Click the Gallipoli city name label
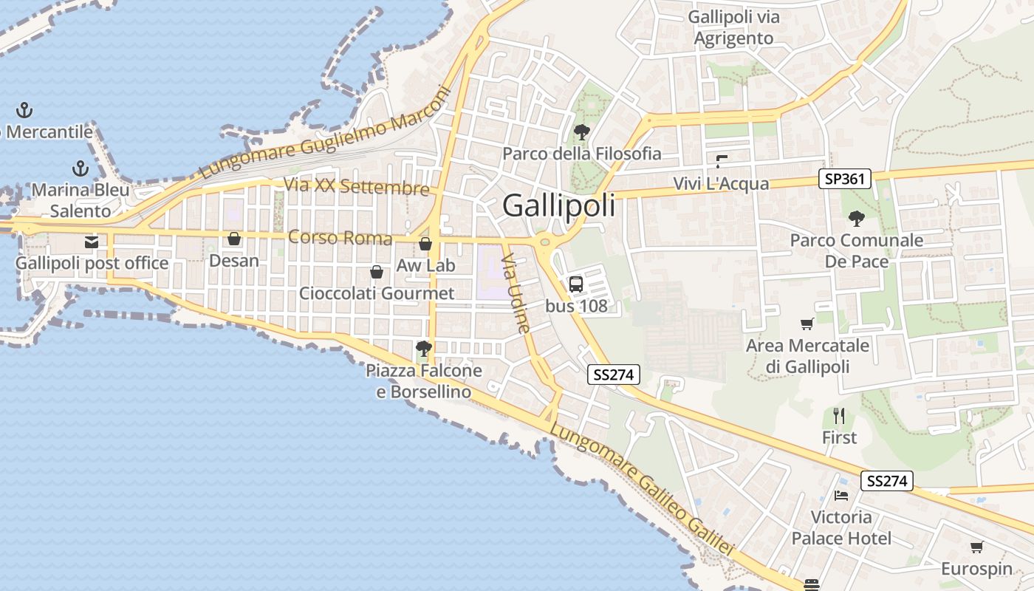(x=558, y=205)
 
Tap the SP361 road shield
(x=845, y=179)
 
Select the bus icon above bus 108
(x=575, y=284)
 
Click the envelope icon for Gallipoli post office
(x=92, y=242)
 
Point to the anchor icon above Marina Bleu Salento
(x=80, y=168)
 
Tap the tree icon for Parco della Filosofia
(x=581, y=132)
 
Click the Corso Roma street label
(x=340, y=238)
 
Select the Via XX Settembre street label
(x=357, y=186)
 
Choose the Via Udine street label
(x=516, y=293)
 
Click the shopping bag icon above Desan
(x=234, y=239)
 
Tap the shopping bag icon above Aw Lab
(x=425, y=244)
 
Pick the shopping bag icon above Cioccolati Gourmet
(x=377, y=272)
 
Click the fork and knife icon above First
(x=839, y=416)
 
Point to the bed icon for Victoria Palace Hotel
(x=841, y=495)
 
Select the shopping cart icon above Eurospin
(x=976, y=547)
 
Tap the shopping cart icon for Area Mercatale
(x=807, y=324)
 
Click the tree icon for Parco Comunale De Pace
(x=857, y=218)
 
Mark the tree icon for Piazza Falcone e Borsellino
(x=423, y=348)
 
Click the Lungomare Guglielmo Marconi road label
(x=325, y=134)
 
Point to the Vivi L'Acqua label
(x=721, y=184)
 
